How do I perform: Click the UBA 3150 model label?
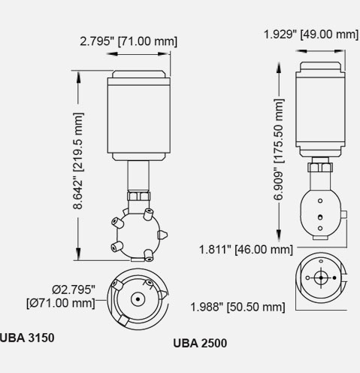[27, 338]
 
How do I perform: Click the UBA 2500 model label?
[200, 343]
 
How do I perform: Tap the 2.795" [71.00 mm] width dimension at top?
[129, 41]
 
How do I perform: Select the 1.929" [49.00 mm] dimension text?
[311, 34]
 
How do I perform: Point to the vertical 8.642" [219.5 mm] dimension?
[78, 161]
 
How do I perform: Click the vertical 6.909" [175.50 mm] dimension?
[279, 150]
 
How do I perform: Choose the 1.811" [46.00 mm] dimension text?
[246, 250]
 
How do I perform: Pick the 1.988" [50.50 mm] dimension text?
[237, 307]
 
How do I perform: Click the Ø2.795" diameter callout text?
[74, 290]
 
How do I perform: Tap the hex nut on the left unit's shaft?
[139, 196]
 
